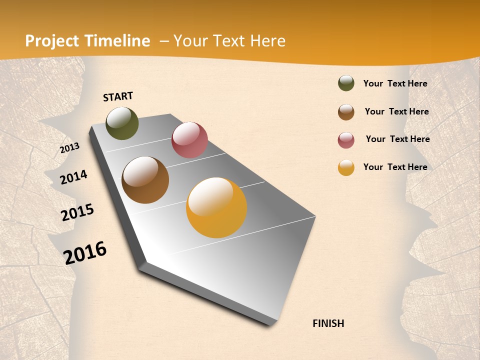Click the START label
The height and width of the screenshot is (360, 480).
pyautogui.click(x=118, y=96)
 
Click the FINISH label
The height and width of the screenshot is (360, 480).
pyautogui.click(x=328, y=323)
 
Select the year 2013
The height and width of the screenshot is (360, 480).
pyautogui.click(x=70, y=147)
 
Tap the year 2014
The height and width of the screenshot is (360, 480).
pyautogui.click(x=73, y=177)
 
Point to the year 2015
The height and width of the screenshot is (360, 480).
pyautogui.click(x=77, y=212)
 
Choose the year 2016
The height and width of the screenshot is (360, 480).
pyautogui.click(x=85, y=253)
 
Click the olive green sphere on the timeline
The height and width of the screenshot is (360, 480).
pyautogui.click(x=122, y=123)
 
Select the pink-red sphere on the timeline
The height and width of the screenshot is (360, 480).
pyautogui.click(x=189, y=140)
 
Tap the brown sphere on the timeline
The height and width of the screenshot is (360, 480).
pyautogui.click(x=145, y=180)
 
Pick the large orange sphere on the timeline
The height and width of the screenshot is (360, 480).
pyautogui.click(x=216, y=207)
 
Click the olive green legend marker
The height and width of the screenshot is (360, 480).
pyautogui.click(x=346, y=83)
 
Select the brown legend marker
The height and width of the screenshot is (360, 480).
pyautogui.click(x=346, y=112)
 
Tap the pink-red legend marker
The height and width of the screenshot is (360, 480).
pyautogui.click(x=346, y=140)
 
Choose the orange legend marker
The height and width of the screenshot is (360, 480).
pyautogui.click(x=346, y=167)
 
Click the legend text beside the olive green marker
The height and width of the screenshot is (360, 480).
pyautogui.click(x=395, y=83)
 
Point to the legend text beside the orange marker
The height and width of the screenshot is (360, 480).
pyautogui.click(x=395, y=167)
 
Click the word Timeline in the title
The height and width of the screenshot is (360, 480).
pyautogui.click(x=118, y=41)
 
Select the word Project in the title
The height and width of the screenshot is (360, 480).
pyautogui.click(x=52, y=41)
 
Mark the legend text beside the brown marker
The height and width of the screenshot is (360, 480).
pyautogui.click(x=396, y=111)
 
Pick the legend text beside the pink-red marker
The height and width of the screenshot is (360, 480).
pyautogui.click(x=397, y=139)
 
